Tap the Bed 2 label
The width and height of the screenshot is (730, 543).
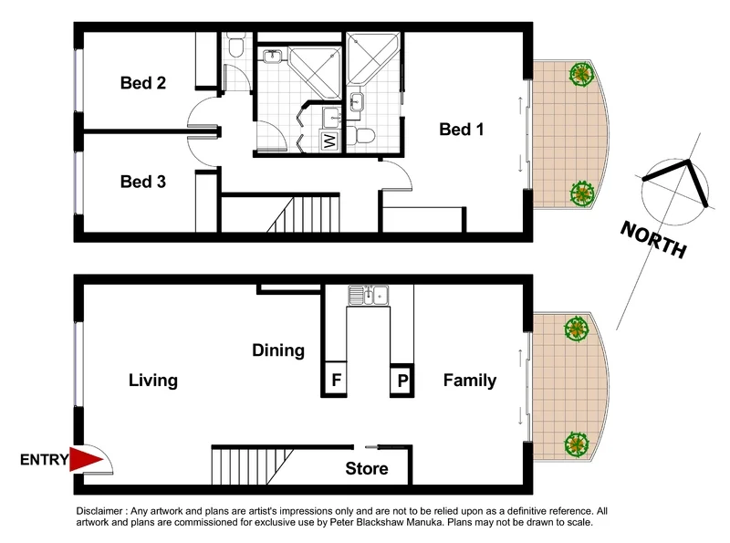(x=143, y=83)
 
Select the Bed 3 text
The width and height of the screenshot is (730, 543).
(x=143, y=182)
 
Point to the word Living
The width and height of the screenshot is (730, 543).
(x=152, y=381)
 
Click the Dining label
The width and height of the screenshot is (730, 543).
(x=278, y=350)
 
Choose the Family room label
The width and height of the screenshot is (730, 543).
(x=470, y=381)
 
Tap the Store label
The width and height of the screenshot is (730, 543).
(x=366, y=469)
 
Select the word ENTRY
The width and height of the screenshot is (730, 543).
(x=44, y=461)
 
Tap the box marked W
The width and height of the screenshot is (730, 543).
(x=328, y=141)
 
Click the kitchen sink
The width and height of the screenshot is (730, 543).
(x=369, y=295)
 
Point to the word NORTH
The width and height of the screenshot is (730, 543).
(x=652, y=239)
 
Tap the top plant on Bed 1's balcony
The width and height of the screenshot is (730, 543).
(x=579, y=74)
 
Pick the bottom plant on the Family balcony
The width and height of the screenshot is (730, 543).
(x=576, y=444)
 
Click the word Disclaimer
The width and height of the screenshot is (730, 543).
(x=103, y=512)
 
